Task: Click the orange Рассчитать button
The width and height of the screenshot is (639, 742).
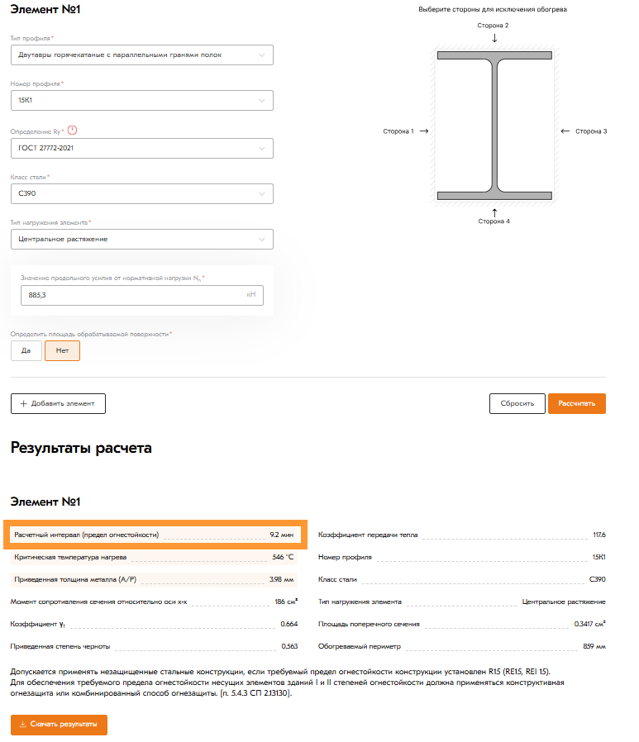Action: click(576, 403)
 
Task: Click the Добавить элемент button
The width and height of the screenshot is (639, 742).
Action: click(58, 403)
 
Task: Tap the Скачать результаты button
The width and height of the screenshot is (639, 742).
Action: click(59, 725)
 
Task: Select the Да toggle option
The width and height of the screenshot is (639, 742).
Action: click(26, 350)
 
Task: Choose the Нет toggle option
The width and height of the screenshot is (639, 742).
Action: click(62, 350)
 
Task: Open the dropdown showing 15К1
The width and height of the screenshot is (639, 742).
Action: click(141, 101)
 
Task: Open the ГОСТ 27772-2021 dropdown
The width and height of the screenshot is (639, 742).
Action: click(141, 148)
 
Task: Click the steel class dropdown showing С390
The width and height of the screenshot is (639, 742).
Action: click(141, 193)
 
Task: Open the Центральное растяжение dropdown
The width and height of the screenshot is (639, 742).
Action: click(141, 239)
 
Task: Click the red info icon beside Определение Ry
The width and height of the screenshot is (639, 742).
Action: click(72, 131)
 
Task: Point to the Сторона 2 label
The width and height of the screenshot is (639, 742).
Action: click(494, 26)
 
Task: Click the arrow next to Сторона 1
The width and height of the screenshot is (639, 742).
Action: click(424, 131)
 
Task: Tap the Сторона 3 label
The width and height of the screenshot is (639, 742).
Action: click(591, 131)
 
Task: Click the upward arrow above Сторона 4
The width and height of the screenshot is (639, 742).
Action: click(494, 212)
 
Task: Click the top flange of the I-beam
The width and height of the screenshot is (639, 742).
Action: click(494, 55)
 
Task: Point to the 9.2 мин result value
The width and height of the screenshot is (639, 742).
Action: click(281, 535)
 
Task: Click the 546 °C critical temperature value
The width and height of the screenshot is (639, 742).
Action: click(283, 557)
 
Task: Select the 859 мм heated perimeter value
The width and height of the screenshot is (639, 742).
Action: click(594, 645)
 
